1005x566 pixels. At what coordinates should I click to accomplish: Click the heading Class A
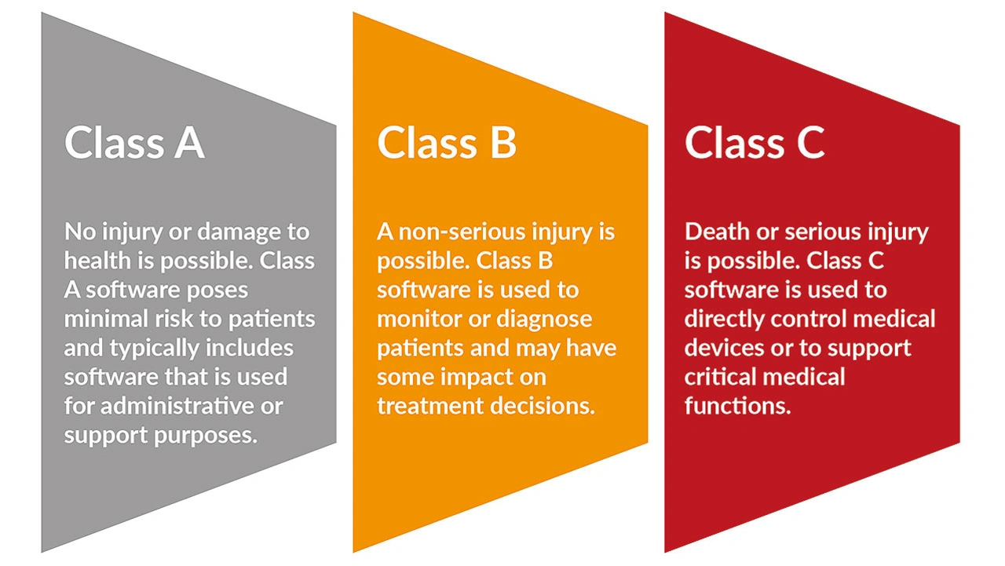134,142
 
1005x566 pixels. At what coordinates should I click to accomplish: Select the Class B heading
447,142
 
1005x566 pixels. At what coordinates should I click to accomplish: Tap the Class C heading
755,142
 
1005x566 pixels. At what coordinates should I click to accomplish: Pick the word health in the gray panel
97,261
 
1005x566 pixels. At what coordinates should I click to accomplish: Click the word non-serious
462,232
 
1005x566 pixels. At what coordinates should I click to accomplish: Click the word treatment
429,407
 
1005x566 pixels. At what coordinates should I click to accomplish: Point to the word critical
718,377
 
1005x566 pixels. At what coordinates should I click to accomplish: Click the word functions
737,406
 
